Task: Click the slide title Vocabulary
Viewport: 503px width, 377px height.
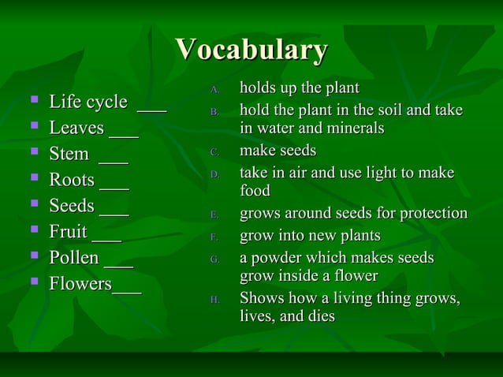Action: point(251,50)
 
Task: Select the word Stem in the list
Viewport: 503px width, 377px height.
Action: point(69,154)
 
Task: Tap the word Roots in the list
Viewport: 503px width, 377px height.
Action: point(73,180)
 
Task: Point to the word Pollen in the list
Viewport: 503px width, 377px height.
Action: point(74,258)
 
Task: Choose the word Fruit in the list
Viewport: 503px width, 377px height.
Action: point(69,232)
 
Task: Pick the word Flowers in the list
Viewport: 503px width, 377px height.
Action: point(80,283)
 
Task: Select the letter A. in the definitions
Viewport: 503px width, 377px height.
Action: point(214,88)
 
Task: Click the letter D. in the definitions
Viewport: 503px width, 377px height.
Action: point(214,174)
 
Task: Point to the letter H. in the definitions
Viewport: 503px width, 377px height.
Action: point(214,300)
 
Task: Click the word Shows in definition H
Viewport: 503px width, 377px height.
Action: point(261,299)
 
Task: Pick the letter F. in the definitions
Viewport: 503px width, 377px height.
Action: point(214,237)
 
